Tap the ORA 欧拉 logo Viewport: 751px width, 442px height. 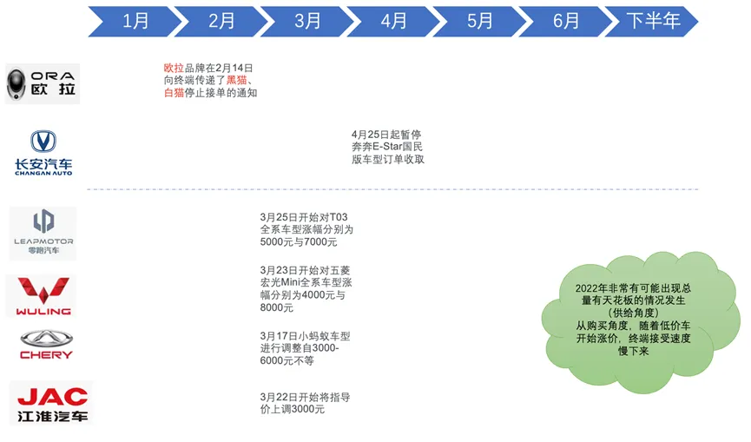(x=43, y=83)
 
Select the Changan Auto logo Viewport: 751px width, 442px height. (x=43, y=153)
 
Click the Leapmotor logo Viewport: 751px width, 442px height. (x=43, y=234)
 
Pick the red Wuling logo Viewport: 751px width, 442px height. (x=43, y=296)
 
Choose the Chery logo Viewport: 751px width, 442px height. (x=47, y=345)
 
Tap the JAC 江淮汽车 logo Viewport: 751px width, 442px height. (x=52, y=403)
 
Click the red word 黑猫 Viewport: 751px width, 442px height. (x=237, y=81)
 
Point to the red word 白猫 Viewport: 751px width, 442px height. (x=174, y=93)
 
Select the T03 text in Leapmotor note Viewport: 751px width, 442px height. (x=339, y=217)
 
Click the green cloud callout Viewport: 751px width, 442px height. (x=639, y=320)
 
